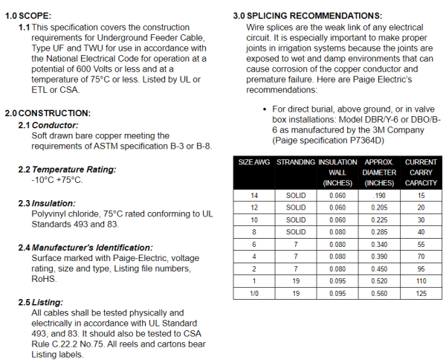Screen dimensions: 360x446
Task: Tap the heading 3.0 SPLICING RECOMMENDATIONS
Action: pos(308,15)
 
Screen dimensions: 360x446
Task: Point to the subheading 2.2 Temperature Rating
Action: pos(67,170)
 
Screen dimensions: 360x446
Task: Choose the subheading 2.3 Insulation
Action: pos(47,203)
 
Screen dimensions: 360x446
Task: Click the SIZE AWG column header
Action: pos(254,161)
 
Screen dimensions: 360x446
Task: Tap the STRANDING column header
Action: pos(295,161)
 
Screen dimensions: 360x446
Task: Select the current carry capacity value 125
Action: pos(421,294)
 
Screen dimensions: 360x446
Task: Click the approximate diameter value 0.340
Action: pos(379,244)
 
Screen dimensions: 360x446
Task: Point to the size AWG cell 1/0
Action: pos(254,294)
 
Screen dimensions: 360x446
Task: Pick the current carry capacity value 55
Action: pos(421,244)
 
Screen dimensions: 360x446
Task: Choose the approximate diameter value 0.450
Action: pos(379,269)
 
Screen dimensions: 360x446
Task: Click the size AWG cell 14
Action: pos(254,195)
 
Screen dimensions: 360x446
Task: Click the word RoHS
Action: pos(44,280)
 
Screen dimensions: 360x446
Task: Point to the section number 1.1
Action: pos(25,27)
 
